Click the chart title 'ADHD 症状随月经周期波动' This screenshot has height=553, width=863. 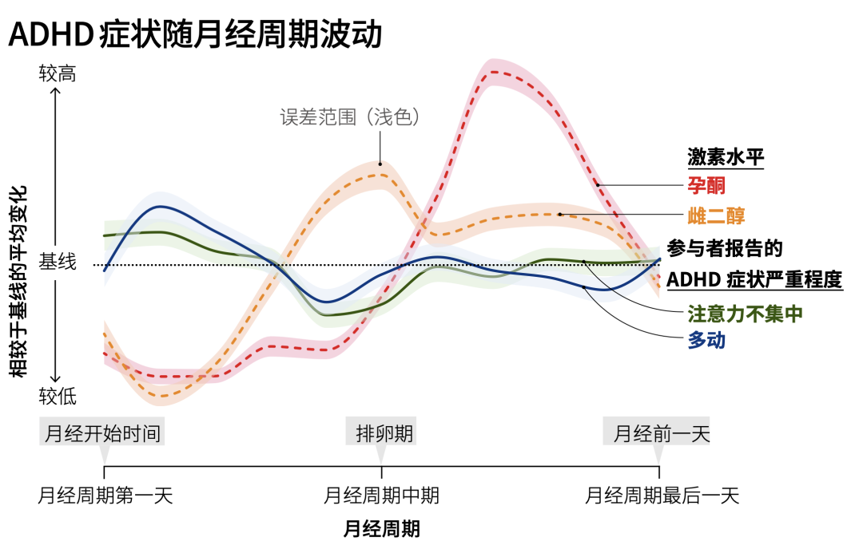point(196,34)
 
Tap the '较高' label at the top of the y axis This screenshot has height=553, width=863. point(58,73)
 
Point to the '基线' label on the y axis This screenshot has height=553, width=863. point(58,262)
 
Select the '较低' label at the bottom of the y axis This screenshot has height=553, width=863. point(58,396)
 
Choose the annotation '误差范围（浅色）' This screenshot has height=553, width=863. point(349,117)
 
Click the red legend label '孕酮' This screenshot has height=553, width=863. point(706,185)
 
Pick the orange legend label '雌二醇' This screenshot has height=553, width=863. point(716,215)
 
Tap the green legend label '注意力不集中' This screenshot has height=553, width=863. point(745,314)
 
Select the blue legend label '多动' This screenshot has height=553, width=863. point(706,340)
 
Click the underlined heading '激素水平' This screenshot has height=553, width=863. point(726,157)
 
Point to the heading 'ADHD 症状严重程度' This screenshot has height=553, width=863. point(754,279)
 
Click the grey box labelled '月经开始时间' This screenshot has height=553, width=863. point(101,433)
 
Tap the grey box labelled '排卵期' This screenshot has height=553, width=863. point(381,433)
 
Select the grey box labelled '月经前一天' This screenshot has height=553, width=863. point(656,433)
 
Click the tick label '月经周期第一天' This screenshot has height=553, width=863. point(105,496)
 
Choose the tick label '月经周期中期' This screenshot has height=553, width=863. point(381,496)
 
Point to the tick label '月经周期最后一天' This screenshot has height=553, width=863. point(661,496)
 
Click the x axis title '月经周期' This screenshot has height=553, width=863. point(381,529)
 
